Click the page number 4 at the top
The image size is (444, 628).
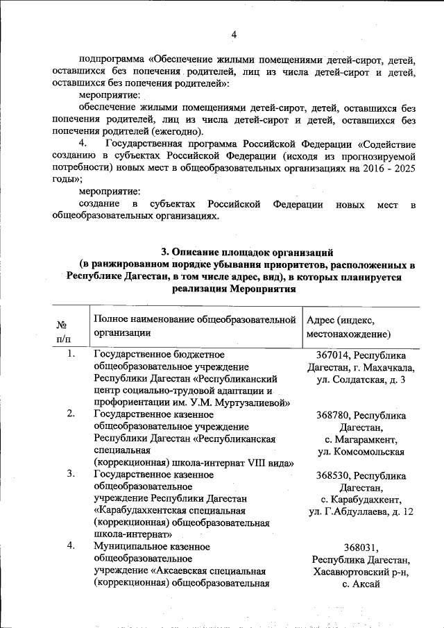pyautogui.click(x=234, y=35)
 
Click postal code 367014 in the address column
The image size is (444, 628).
pyautogui.click(x=332, y=355)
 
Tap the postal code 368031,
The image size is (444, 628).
pyautogui.click(x=361, y=548)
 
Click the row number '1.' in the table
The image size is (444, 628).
pyautogui.click(x=71, y=354)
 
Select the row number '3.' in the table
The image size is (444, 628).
pyautogui.click(x=71, y=474)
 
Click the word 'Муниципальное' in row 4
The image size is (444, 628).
pyautogui.click(x=126, y=546)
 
